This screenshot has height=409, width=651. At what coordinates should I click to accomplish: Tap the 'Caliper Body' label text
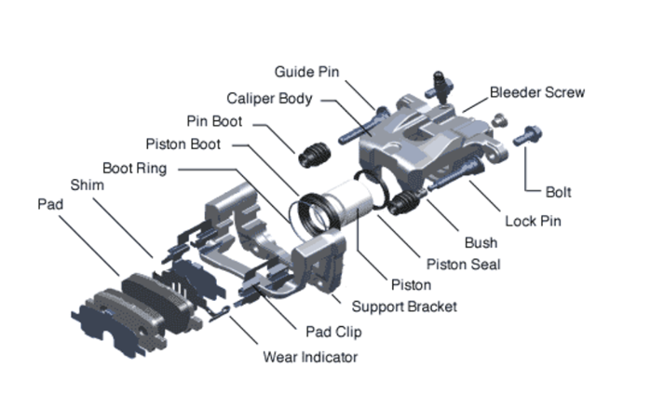point(269,98)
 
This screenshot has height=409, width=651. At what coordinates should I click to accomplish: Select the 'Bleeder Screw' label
point(538,92)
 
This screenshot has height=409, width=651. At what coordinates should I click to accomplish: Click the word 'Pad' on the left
point(50,203)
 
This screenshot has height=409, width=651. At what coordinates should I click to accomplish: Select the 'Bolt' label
point(558,193)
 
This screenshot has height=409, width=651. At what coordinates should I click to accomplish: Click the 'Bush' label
point(481,243)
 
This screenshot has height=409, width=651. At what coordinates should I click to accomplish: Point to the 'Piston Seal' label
point(463,265)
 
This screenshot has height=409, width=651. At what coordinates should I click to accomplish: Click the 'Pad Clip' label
point(333,331)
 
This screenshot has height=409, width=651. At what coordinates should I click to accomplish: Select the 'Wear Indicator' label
point(310,356)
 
